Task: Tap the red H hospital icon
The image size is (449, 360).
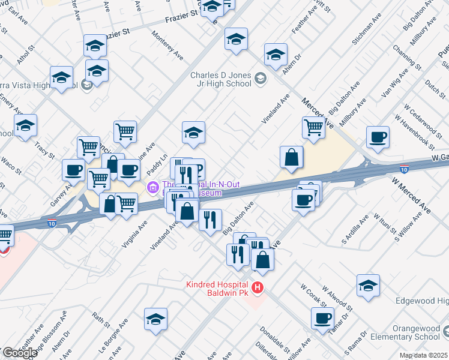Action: (258, 289)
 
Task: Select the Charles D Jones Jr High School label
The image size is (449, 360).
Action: (220, 79)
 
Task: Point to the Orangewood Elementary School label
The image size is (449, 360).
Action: (412, 332)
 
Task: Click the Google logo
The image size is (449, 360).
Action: (19, 353)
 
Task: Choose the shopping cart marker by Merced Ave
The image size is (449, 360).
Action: (313, 127)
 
